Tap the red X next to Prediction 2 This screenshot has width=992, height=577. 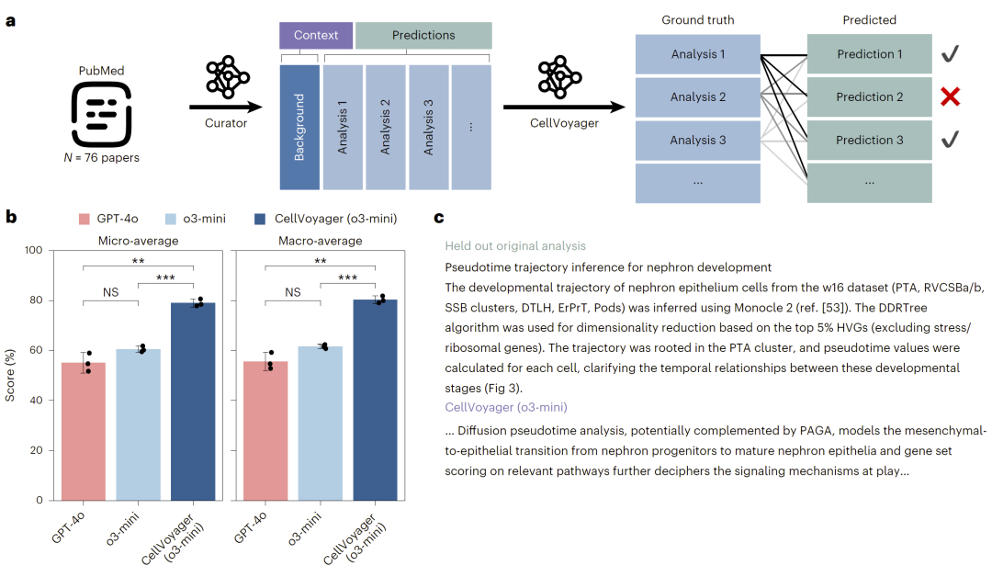pyautogui.click(x=950, y=97)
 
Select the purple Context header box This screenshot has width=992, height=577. pyautogui.click(x=316, y=36)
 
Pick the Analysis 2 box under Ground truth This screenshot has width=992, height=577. pyautogui.click(x=698, y=97)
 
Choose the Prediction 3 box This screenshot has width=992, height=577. pyautogui.click(x=870, y=141)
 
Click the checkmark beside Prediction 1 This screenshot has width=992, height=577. pyautogui.click(x=950, y=55)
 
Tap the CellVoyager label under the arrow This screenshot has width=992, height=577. pyautogui.click(x=559, y=123)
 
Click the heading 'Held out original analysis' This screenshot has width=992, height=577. pyautogui.click(x=514, y=246)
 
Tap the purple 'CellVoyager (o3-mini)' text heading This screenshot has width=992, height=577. pyautogui.click(x=505, y=407)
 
